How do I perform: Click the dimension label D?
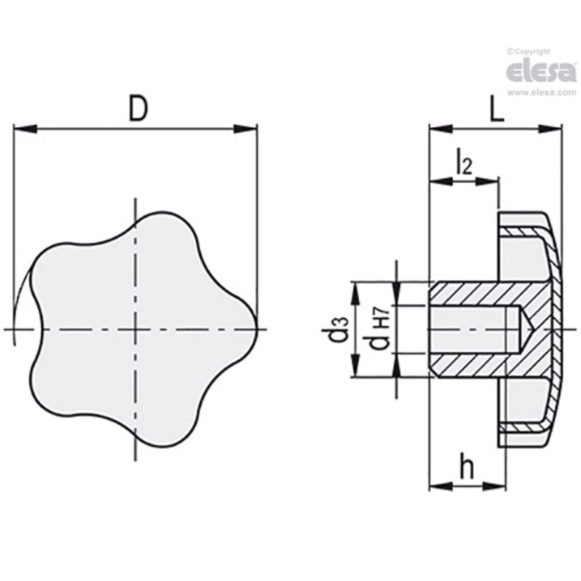coord(138,109)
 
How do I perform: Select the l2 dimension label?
coord(463,163)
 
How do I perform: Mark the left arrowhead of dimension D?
coord(25,128)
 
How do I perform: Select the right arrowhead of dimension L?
coord(549,128)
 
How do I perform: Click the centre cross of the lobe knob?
coord(136,329)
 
